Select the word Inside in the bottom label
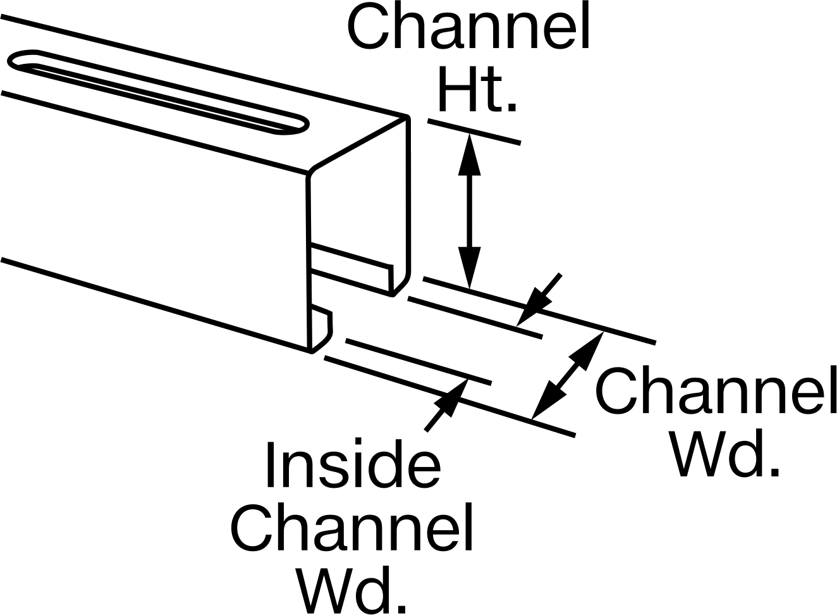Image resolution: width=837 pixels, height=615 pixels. (353, 464)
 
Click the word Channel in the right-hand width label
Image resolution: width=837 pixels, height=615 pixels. (716, 390)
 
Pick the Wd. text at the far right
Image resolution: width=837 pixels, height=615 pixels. (725, 453)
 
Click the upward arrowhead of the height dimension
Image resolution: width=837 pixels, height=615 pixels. (469, 154)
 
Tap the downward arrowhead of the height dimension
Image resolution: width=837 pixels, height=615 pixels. (469, 268)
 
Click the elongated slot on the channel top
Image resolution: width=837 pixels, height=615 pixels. (159, 92)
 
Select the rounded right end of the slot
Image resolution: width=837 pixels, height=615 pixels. (297, 125)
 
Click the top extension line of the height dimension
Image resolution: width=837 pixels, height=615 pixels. (474, 132)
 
